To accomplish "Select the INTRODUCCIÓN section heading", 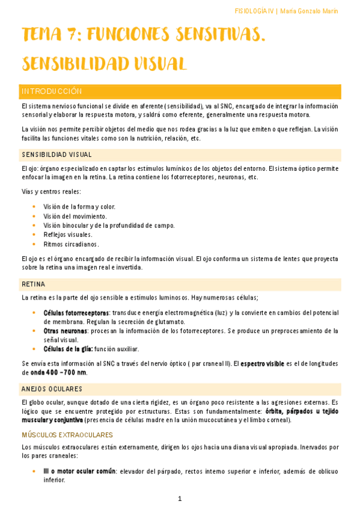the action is (51, 91).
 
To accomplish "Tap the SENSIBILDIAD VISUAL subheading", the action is (56, 155).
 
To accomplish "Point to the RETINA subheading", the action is (34, 284).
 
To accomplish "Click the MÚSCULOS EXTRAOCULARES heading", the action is (67, 434).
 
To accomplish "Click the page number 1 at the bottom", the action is (180, 499).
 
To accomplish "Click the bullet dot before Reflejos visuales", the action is (34, 235).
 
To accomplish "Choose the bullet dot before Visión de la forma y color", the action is (34, 206).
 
